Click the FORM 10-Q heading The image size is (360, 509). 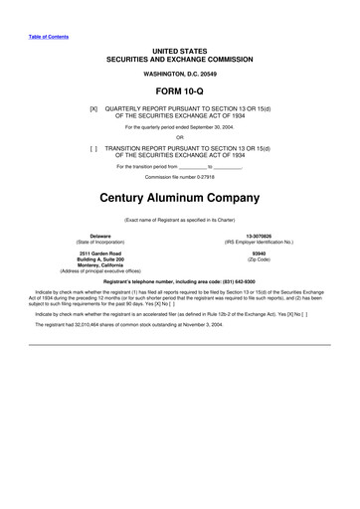coord(179,91)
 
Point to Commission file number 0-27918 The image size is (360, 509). coord(179,176)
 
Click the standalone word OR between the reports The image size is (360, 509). coord(179,137)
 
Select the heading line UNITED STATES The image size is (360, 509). coord(179,50)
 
